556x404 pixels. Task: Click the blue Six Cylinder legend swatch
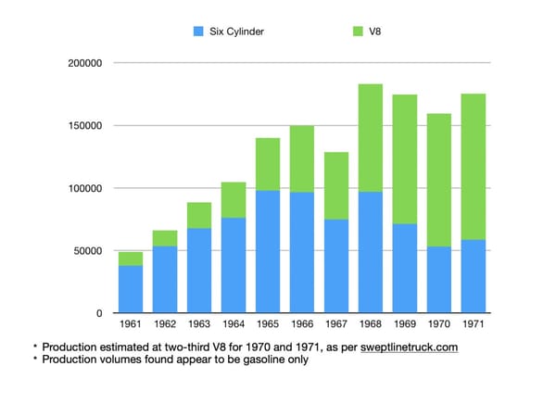tap(198, 32)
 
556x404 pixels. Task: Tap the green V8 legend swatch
tap(358, 32)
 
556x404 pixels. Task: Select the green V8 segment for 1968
tap(371, 138)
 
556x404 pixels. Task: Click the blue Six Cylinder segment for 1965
tap(268, 252)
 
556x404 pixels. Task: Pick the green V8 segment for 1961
tap(131, 259)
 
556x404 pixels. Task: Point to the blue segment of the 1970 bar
tap(439, 280)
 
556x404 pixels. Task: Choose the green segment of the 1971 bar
tap(474, 167)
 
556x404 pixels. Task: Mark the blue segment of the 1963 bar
tap(199, 271)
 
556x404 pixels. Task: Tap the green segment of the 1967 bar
tap(336, 186)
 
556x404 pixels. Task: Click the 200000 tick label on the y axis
tap(85, 63)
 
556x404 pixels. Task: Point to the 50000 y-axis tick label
tap(88, 251)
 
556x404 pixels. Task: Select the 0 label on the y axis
tap(99, 313)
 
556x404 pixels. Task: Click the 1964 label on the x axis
tap(234, 323)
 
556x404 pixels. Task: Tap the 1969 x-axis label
tap(405, 323)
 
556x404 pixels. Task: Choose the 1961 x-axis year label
tap(131, 323)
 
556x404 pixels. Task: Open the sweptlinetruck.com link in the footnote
tap(410, 347)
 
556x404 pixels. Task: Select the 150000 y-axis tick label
tap(85, 126)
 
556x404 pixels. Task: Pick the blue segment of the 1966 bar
tap(302, 253)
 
